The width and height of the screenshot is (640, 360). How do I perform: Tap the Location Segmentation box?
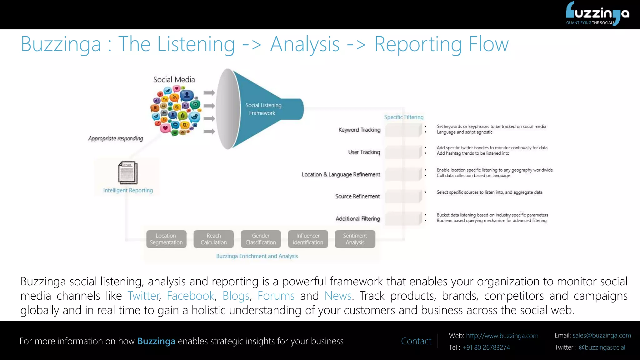(x=166, y=239)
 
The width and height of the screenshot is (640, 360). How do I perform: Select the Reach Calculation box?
(x=213, y=239)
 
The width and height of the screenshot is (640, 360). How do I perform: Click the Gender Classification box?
(x=261, y=239)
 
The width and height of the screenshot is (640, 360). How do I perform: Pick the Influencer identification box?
(x=308, y=239)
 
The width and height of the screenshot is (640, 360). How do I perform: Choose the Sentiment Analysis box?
(x=355, y=239)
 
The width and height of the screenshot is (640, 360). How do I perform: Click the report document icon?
(x=127, y=172)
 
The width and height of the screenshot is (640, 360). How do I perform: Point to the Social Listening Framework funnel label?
(x=263, y=109)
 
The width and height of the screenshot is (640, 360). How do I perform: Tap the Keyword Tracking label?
(x=359, y=130)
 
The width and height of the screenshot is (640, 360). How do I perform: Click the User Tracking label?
(x=364, y=152)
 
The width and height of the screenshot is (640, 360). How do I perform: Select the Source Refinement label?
(x=357, y=196)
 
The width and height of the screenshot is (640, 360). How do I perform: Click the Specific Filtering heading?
(x=404, y=117)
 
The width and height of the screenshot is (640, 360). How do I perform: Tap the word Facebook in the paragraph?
(x=190, y=296)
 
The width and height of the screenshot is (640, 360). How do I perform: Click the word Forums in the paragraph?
(x=276, y=296)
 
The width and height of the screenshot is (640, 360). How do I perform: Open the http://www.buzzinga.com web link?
(x=502, y=336)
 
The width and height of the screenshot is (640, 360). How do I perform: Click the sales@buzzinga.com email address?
(x=602, y=335)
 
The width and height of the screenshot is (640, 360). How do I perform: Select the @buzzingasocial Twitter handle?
(x=602, y=347)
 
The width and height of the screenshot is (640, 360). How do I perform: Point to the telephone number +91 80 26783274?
(x=486, y=347)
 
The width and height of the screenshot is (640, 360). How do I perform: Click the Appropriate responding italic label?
(x=116, y=138)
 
